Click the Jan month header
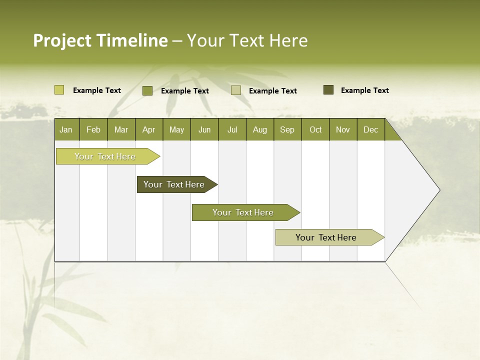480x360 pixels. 66,129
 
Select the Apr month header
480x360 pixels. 148,129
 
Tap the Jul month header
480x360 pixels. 232,129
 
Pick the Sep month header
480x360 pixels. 287,129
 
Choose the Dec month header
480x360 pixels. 370,129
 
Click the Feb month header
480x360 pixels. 93,129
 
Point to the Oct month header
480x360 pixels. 315,129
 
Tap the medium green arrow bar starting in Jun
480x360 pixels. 243,212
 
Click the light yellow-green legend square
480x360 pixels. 59,90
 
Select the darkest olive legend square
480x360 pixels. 328,90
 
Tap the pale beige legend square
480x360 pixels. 236,90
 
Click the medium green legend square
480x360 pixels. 147,90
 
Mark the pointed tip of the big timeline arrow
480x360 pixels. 439,190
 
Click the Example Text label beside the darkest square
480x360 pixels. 364,90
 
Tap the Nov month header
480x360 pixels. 343,129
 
